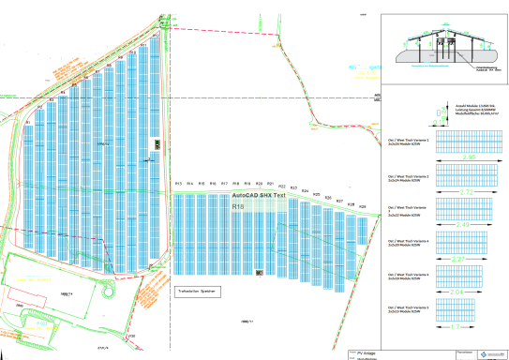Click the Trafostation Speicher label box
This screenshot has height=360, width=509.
pyautogui.click(x=197, y=292)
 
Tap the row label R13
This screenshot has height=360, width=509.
pyautogui.click(x=178, y=183)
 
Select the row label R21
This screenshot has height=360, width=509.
pyautogui.click(x=271, y=184)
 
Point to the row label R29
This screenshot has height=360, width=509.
pyautogui.click(x=363, y=206)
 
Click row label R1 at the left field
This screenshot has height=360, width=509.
pyautogui.click(x=28, y=123)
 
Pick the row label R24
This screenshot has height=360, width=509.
pyautogui.click(x=305, y=191)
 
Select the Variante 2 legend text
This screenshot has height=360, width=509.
pyautogui.click(x=406, y=175)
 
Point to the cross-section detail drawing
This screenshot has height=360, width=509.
pyautogui.click(x=444, y=48)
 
